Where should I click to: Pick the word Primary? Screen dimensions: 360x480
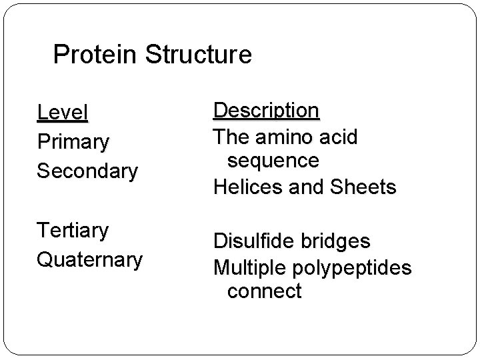pos(73,142)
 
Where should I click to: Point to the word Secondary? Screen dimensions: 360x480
pos(87,171)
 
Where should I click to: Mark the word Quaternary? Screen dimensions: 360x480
pos(89,259)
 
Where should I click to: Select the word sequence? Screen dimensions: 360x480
pos(273,161)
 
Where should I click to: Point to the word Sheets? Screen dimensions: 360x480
pos(364,188)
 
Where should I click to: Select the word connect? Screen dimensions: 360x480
pos(264,291)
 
